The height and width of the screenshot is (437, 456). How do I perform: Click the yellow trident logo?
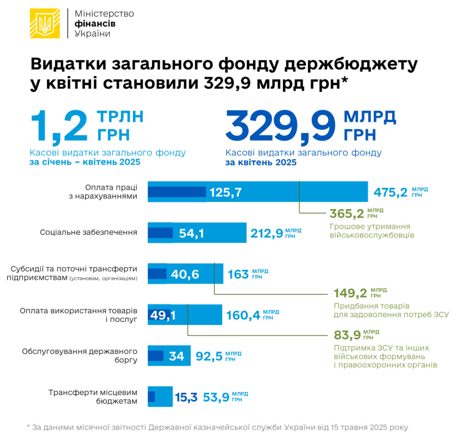[x=45, y=23]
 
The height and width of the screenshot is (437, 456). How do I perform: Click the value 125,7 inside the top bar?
[x=226, y=192]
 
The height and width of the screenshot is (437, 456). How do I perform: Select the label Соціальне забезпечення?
[x=88, y=232]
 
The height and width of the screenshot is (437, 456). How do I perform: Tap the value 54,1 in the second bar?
[x=191, y=234]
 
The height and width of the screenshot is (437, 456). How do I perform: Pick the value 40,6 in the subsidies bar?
[x=185, y=274]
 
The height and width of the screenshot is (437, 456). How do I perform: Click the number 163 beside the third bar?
[x=238, y=274]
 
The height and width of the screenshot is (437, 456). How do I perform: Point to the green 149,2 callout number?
[x=350, y=293]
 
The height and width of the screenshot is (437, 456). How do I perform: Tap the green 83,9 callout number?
[x=347, y=335]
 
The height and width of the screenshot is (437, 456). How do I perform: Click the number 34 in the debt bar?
[x=177, y=356]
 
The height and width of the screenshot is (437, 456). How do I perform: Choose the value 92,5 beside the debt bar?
[x=209, y=356]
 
